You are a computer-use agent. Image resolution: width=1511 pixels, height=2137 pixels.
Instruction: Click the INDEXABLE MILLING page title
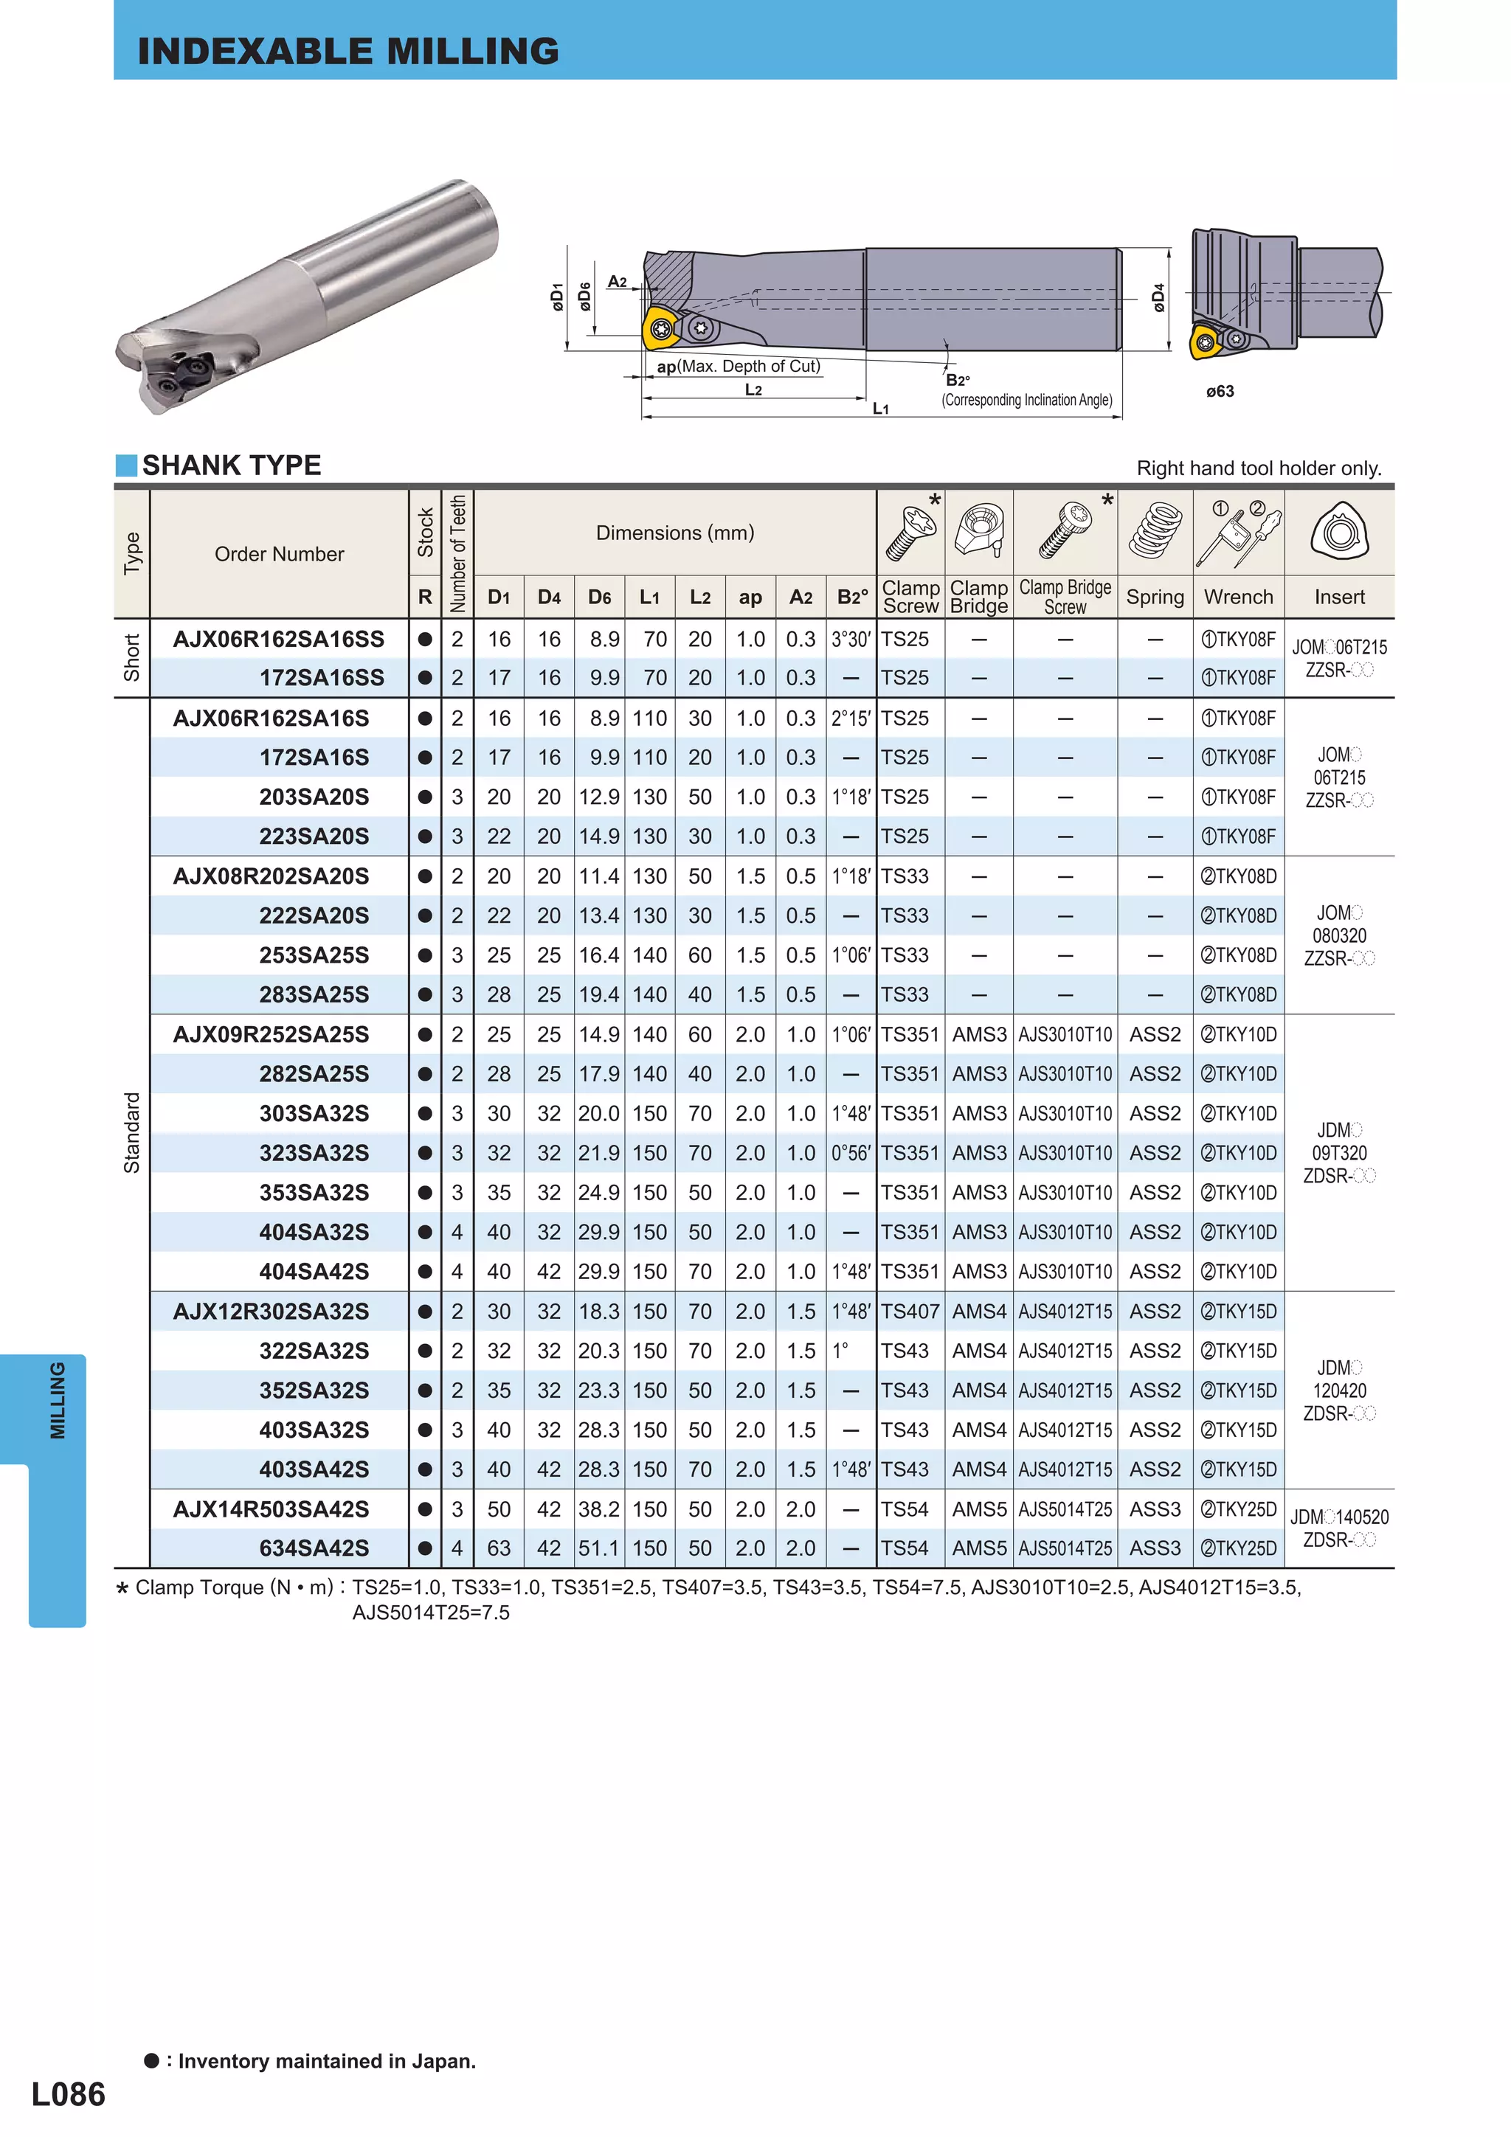point(348,51)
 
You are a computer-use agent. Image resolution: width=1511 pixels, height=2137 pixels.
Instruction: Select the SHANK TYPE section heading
point(231,465)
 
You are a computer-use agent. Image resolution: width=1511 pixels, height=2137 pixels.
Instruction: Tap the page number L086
point(68,2093)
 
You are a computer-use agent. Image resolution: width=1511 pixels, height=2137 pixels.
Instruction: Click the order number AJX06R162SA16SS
point(278,640)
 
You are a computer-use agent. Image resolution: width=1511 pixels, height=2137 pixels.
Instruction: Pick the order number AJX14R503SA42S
point(271,1509)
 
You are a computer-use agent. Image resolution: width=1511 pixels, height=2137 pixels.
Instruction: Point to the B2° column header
point(852,598)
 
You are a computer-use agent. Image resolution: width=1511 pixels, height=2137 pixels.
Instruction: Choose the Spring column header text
point(1155,598)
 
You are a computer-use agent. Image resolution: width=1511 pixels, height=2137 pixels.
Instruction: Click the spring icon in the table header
point(1155,533)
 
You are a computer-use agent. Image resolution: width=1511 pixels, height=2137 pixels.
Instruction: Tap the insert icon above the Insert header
point(1339,533)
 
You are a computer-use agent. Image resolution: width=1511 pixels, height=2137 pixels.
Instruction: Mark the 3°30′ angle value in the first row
point(851,640)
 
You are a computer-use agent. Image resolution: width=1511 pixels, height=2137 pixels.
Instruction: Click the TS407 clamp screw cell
point(910,1312)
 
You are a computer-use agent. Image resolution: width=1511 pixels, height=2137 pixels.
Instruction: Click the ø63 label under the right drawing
point(1220,392)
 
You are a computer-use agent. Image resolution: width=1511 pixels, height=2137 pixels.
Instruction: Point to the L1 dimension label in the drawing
point(879,409)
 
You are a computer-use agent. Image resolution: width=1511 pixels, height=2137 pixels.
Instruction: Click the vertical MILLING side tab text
point(58,1401)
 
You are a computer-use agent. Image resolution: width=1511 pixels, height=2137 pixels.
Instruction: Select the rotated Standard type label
point(131,1133)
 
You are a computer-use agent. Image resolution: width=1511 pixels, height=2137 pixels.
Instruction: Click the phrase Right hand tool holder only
point(1259,468)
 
